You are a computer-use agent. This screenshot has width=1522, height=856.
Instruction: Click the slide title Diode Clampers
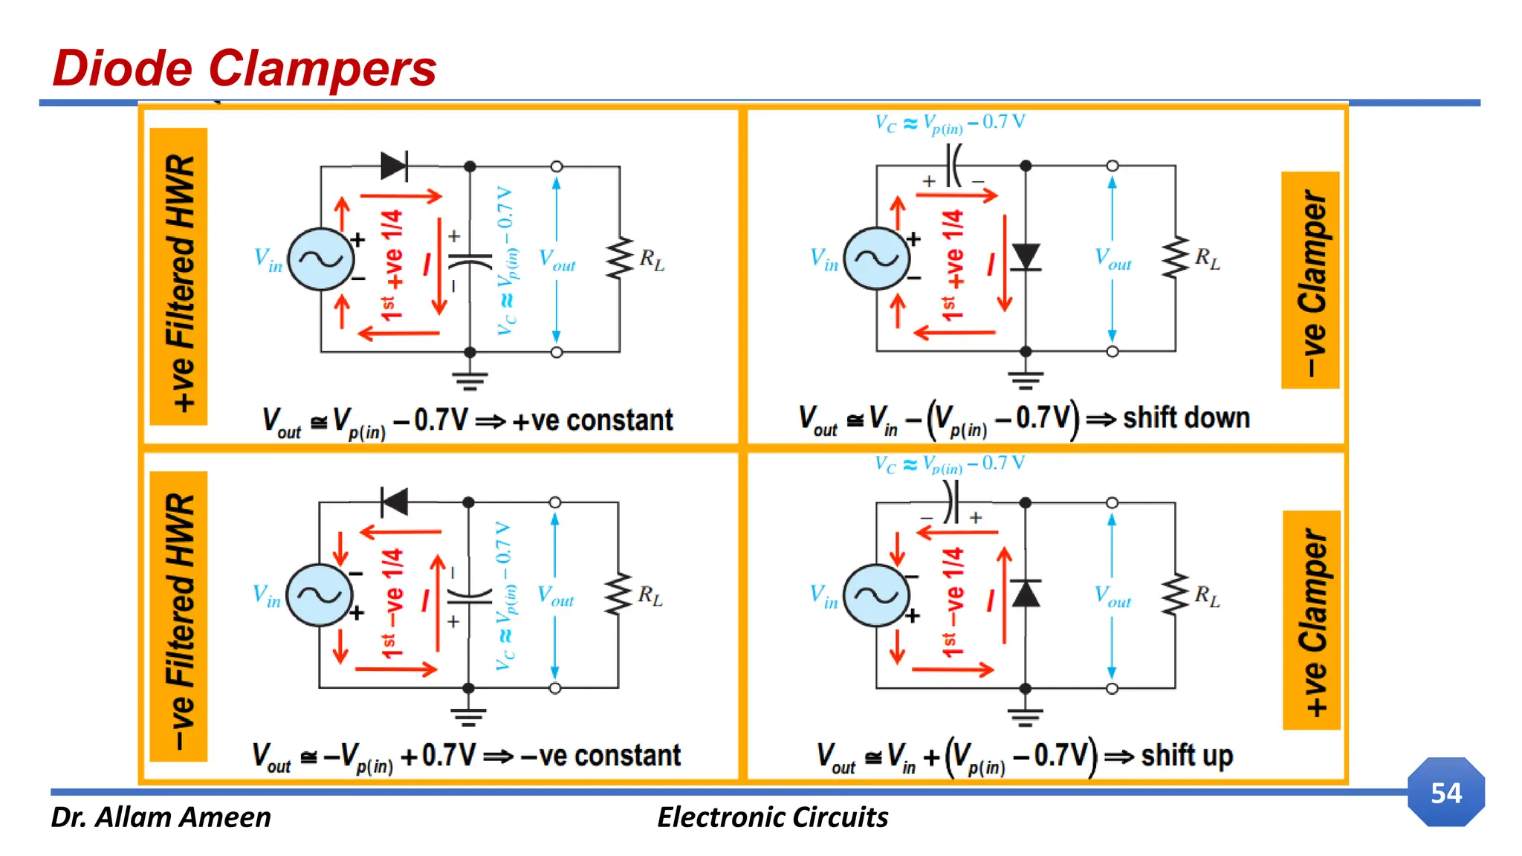tap(245, 68)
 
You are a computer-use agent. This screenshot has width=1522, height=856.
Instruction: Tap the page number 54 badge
tap(1445, 792)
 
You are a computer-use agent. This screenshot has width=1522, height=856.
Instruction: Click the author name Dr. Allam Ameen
tap(161, 817)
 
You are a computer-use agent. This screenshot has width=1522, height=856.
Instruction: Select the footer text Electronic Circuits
tap(772, 817)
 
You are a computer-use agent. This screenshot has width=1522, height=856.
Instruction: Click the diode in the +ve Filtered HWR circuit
tap(394, 166)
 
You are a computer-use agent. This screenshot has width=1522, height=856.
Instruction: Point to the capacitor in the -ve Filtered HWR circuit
tap(469, 595)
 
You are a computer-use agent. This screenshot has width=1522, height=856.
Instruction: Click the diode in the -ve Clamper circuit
tap(1026, 257)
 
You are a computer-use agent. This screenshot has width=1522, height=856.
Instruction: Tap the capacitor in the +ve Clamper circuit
tap(951, 503)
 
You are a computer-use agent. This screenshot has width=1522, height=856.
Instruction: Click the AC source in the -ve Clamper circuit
tap(877, 258)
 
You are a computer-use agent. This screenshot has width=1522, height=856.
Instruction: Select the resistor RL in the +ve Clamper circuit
tap(1176, 594)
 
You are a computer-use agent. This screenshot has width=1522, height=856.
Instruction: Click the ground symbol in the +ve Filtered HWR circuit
tap(470, 380)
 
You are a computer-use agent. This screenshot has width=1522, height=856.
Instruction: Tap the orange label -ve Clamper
tap(1310, 280)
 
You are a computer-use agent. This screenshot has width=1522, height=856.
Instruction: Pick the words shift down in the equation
tap(1186, 418)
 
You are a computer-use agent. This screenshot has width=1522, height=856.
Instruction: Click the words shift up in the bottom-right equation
tap(1187, 756)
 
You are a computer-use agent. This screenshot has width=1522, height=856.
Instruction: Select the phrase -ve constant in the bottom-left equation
tap(600, 756)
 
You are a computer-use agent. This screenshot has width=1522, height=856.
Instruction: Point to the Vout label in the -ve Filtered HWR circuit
tap(555, 596)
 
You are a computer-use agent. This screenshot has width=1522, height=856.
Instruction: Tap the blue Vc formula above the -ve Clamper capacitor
tap(950, 123)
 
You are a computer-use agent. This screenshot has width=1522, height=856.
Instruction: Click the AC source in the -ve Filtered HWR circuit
tap(320, 594)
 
